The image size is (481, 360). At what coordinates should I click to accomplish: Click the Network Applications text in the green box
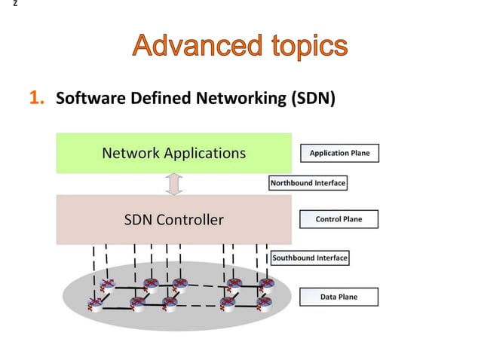pos(173,154)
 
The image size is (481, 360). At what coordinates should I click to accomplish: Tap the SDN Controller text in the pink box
pos(173,220)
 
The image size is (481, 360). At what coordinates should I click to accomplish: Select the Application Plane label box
pos(339,153)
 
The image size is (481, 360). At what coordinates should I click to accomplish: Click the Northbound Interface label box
pos(308,182)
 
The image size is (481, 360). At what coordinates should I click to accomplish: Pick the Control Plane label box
pos(339,219)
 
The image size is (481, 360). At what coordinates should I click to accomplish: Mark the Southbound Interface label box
pos(309,258)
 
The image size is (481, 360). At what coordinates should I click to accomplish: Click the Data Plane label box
pos(339,297)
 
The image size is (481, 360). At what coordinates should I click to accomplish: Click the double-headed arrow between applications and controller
pos(174,184)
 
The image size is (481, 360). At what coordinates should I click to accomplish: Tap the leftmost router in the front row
pos(96,304)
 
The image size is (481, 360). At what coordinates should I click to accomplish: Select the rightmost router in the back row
pos(267,285)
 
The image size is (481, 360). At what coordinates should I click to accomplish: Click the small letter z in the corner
pos(4,5)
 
